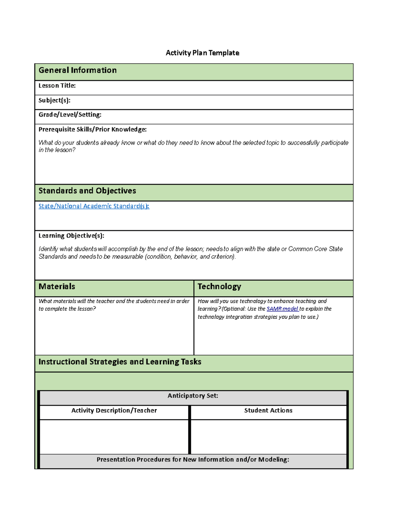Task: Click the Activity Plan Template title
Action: [x=202, y=53]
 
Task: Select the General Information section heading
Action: [x=78, y=70]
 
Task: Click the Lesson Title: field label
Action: [x=57, y=86]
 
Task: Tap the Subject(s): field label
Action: [x=54, y=100]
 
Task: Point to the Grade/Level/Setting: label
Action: [x=70, y=115]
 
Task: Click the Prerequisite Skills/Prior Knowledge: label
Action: [x=92, y=129]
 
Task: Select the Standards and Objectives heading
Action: [x=87, y=191]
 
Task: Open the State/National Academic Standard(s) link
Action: [x=93, y=206]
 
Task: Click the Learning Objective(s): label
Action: [x=71, y=236]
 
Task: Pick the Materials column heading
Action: [x=57, y=286]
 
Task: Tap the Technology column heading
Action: [x=219, y=286]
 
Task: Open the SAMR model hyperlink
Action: [x=282, y=309]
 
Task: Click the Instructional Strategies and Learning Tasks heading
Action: [x=120, y=362]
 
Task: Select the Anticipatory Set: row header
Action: [x=193, y=396]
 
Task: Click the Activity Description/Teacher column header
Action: [x=114, y=411]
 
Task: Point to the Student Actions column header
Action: [x=268, y=411]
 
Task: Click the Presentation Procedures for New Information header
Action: [x=193, y=460]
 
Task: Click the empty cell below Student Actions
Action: [x=268, y=437]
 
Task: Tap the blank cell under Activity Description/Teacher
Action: [x=114, y=437]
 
